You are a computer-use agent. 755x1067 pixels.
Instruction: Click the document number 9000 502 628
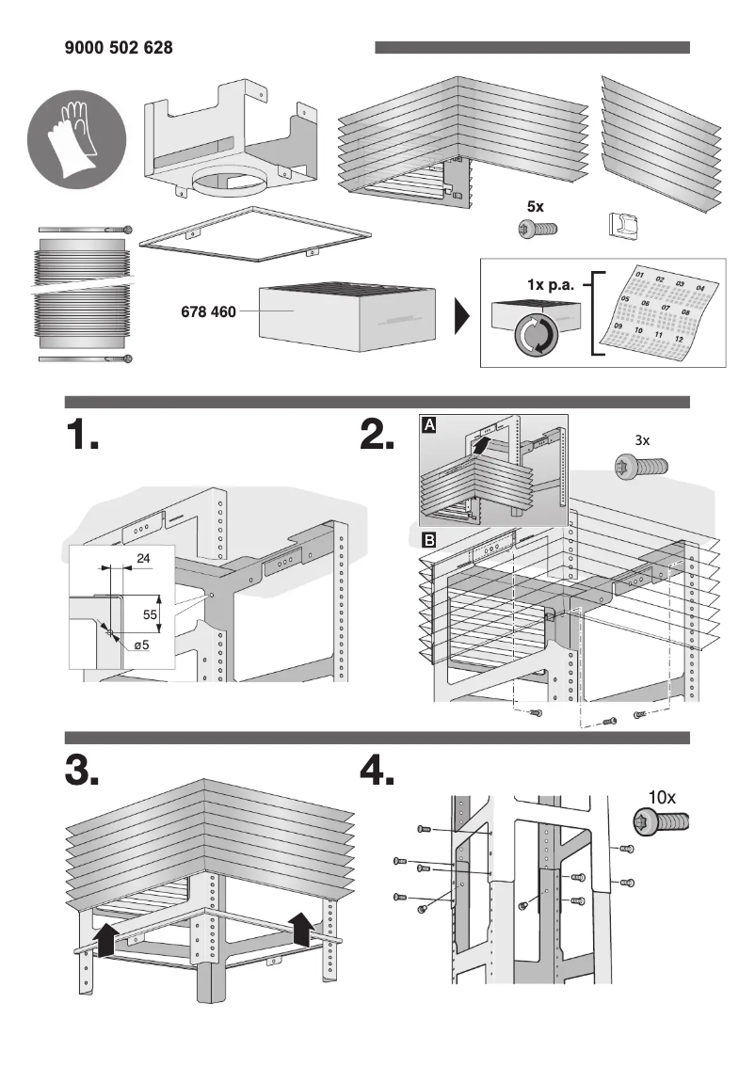119,48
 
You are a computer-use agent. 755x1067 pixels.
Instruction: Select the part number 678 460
208,311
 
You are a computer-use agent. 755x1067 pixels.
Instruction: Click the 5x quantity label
537,206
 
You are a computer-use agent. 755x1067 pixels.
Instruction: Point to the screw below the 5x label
538,228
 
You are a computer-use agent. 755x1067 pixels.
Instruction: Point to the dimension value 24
144,559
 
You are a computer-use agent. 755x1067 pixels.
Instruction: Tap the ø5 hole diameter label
141,645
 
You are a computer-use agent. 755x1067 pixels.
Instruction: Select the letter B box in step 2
429,540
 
